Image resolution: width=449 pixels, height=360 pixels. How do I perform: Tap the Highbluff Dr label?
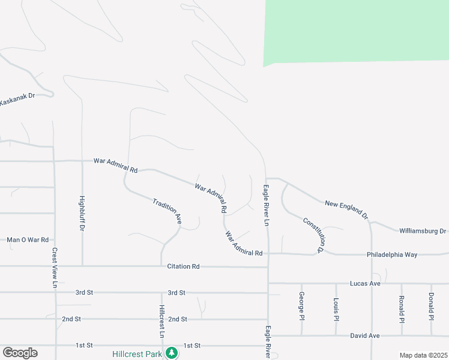(82, 214)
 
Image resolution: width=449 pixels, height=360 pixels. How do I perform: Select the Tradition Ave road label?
(167, 211)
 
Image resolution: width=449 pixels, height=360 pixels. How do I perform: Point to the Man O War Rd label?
(28, 240)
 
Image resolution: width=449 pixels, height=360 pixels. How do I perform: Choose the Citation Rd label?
(184, 266)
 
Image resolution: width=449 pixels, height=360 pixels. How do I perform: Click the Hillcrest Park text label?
(137, 354)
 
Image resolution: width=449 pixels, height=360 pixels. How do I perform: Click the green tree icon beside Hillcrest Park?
(172, 352)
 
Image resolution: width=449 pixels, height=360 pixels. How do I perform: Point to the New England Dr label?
(346, 208)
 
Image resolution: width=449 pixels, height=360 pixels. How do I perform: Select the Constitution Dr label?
(318, 234)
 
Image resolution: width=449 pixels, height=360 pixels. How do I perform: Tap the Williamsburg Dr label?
(423, 231)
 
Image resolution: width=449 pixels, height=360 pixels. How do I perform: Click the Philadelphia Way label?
(392, 255)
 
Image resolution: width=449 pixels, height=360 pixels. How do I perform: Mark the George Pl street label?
(301, 306)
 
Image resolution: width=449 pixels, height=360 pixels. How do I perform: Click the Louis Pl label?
(336, 307)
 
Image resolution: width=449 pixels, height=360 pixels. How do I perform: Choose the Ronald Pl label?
(402, 308)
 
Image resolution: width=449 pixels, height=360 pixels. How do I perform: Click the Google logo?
(20, 353)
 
